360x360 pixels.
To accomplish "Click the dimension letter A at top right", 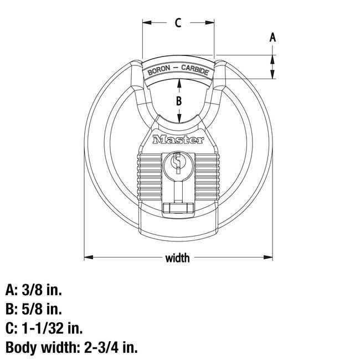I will pos(272,38).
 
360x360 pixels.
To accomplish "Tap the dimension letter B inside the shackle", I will pos(178,101).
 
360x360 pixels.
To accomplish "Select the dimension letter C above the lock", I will pos(178,23).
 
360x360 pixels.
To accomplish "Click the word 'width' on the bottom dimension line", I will pos(177,258).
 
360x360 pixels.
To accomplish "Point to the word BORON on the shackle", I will pos(159,71).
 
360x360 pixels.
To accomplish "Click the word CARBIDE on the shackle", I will pos(195,71).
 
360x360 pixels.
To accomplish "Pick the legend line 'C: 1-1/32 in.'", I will pos(44,328).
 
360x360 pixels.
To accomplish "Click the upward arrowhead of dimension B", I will pos(178,83).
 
